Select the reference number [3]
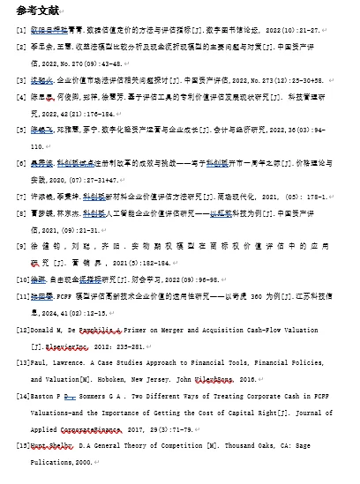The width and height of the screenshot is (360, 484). tap(21, 79)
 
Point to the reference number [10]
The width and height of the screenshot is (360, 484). tap(23, 279)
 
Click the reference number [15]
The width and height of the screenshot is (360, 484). tap(24, 447)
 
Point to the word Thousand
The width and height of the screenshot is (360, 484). tap(233, 447)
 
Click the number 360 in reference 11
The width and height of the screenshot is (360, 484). tap(257, 295)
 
